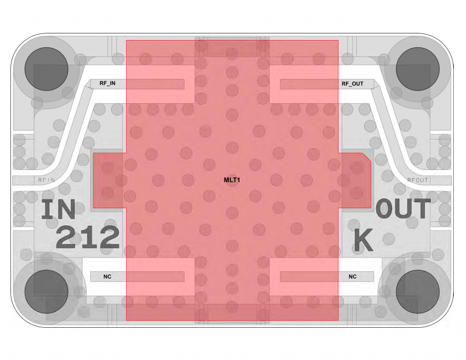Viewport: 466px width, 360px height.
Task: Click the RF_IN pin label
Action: pyautogui.click(x=107, y=83)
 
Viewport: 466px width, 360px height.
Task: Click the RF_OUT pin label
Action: pyautogui.click(x=353, y=84)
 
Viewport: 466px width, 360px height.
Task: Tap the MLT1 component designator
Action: pyautogui.click(x=232, y=180)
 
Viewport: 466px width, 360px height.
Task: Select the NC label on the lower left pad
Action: pyautogui.click(x=107, y=276)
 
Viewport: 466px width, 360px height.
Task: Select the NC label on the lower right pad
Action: pyautogui.click(x=353, y=276)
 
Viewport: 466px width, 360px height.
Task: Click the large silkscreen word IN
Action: pyautogui.click(x=58, y=209)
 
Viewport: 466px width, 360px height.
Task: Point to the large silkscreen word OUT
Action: pyautogui.click(x=403, y=208)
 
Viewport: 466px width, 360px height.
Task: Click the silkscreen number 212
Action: pyautogui.click(x=88, y=237)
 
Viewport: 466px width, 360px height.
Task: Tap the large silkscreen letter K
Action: pyautogui.click(x=363, y=240)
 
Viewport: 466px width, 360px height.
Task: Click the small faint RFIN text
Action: pyautogui.click(x=47, y=180)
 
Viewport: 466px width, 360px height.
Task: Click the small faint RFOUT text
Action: pyautogui.click(x=417, y=180)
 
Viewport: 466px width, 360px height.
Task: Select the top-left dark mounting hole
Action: pyautogui.click(x=46, y=69)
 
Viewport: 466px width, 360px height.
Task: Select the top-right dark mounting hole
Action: pyautogui.click(x=417, y=69)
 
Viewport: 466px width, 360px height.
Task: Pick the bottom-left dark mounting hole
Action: pyautogui.click(x=46, y=291)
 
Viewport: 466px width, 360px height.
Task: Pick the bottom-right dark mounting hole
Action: pyautogui.click(x=417, y=291)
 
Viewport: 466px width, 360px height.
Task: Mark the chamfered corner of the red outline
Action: pyautogui.click(x=366, y=158)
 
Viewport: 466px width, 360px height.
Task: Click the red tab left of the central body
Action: pyautogui.click(x=110, y=180)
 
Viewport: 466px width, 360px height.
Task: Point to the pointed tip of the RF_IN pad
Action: pyautogui.click(x=85, y=86)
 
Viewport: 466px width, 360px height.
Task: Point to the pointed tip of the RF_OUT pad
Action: pyautogui.click(x=379, y=86)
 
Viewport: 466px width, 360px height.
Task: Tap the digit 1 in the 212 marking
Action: pyautogui.click(x=88, y=237)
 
